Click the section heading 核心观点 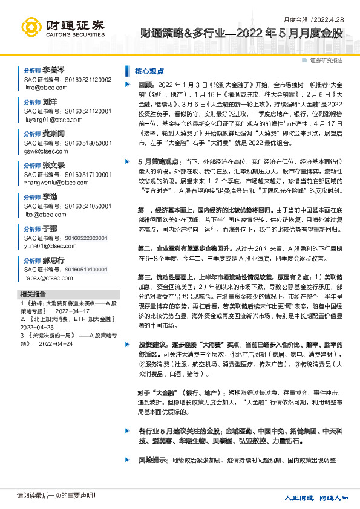tap(149, 71)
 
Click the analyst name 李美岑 tap(54, 71)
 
